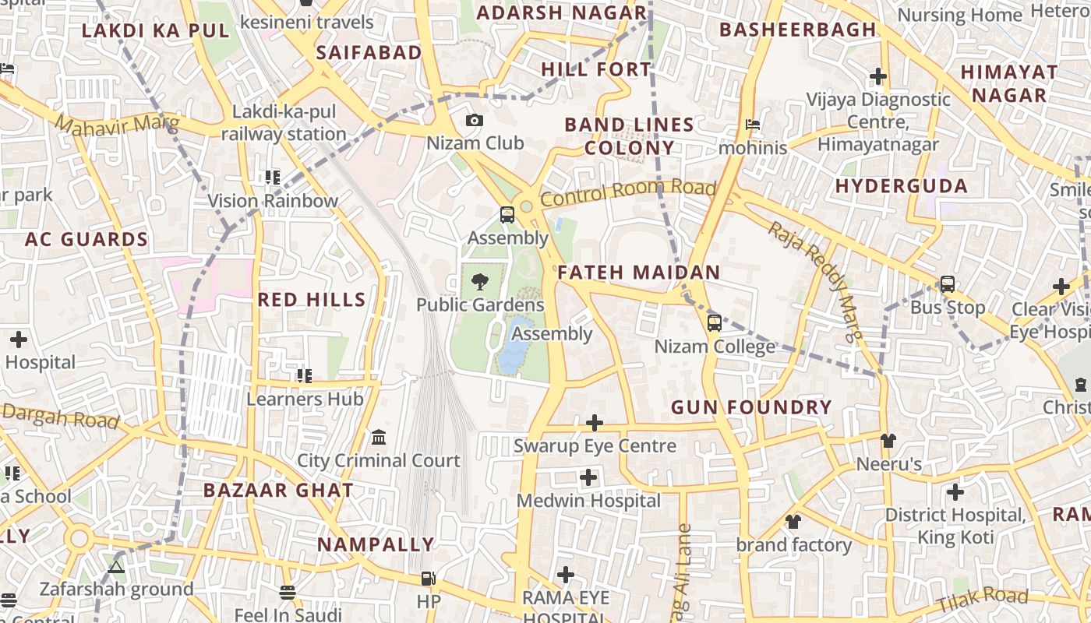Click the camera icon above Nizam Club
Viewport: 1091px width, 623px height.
[x=474, y=120]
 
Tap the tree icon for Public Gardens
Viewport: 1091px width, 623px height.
[x=480, y=281]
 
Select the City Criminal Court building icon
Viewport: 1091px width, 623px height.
[x=379, y=437]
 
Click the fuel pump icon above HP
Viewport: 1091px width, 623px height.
[x=428, y=578]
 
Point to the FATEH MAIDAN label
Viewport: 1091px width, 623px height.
[x=638, y=273]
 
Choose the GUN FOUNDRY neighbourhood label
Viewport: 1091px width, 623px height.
[x=751, y=407]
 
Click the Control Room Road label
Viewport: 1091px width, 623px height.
[x=627, y=192]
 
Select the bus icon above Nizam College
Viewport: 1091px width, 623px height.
[x=714, y=322]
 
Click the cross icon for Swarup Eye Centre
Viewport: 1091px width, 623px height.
[x=595, y=423]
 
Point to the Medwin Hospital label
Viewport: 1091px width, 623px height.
[x=588, y=501]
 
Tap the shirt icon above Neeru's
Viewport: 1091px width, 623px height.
[x=888, y=441]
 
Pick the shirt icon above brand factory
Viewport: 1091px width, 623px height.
[x=793, y=521]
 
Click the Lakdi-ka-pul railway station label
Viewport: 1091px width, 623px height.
[x=284, y=123]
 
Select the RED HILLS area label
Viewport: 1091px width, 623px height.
[x=311, y=300]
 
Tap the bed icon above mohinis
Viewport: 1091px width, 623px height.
[x=752, y=124]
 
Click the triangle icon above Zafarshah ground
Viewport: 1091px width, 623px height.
[x=116, y=567]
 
